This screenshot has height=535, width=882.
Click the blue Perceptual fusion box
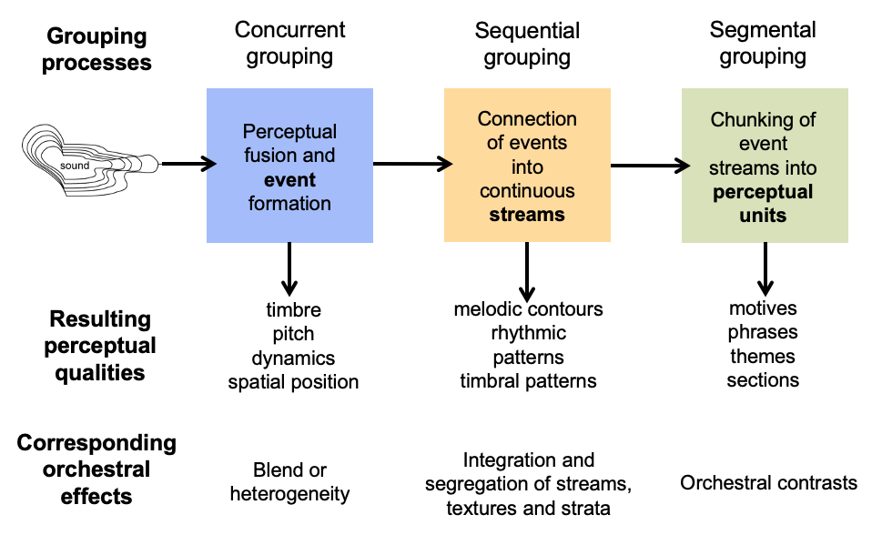pyautogui.click(x=289, y=166)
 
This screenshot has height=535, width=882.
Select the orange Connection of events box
pyautogui.click(x=527, y=166)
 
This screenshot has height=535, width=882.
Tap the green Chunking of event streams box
pyautogui.click(x=765, y=166)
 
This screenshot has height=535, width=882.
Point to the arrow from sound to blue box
pyautogui.click(x=189, y=165)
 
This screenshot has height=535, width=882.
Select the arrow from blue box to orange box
pyautogui.click(x=412, y=165)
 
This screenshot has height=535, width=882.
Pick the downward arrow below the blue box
pyautogui.click(x=289, y=267)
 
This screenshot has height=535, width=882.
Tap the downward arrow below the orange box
pyautogui.click(x=527, y=267)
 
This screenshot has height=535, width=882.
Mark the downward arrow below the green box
pyautogui.click(x=765, y=267)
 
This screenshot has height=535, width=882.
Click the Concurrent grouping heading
pyautogui.click(x=289, y=43)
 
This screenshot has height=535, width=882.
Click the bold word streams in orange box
pyautogui.click(x=527, y=216)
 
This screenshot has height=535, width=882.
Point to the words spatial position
pyautogui.click(x=293, y=382)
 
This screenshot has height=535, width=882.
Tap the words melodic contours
pyautogui.click(x=528, y=309)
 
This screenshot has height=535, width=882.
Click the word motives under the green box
pyautogui.click(x=763, y=308)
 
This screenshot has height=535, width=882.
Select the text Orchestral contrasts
pyautogui.click(x=768, y=482)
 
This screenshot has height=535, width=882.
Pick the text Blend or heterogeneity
pyautogui.click(x=289, y=482)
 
